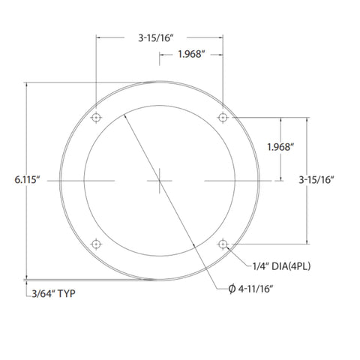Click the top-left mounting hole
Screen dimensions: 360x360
point(96,117)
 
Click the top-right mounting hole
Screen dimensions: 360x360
point(223,117)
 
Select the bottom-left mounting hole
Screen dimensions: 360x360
point(96,244)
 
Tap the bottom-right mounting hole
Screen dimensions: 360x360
point(223,244)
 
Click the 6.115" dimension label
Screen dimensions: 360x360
point(27,180)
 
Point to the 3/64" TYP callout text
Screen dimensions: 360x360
point(53,293)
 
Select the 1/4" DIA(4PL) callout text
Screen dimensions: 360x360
point(281,266)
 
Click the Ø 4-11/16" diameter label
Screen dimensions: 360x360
point(250,289)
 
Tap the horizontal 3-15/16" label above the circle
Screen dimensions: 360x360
point(156,38)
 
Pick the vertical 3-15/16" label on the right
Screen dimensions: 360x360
point(316,180)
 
